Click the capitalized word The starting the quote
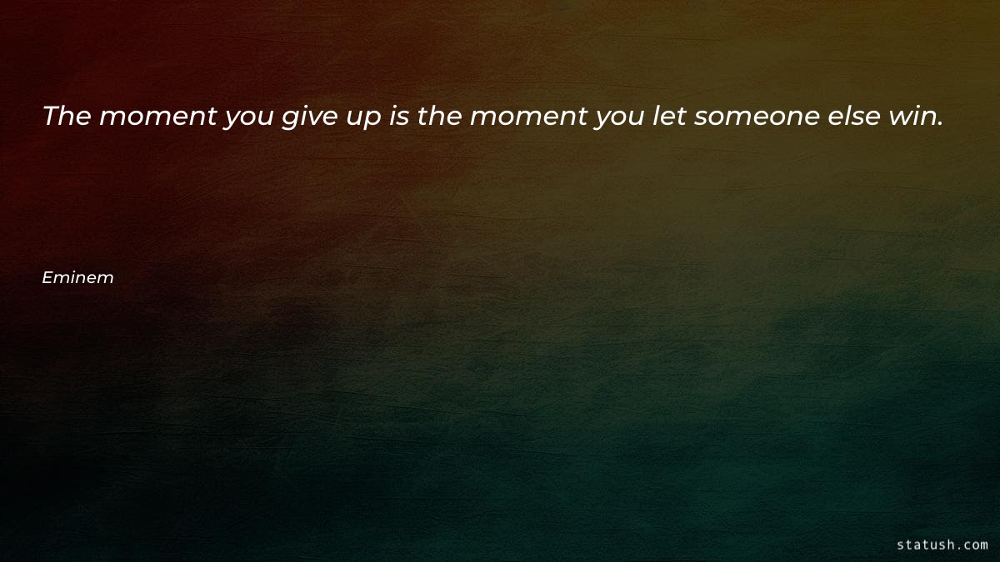coord(67,116)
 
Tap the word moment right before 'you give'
coord(157,117)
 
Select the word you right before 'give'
coord(248,119)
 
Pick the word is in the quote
coord(399,116)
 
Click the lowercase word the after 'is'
coord(439,116)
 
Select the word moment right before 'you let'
coord(528,117)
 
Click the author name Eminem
coord(77,278)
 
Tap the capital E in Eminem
coord(47,278)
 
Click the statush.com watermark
coord(942,545)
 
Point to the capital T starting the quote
coord(50,116)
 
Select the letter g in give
coord(287,119)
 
